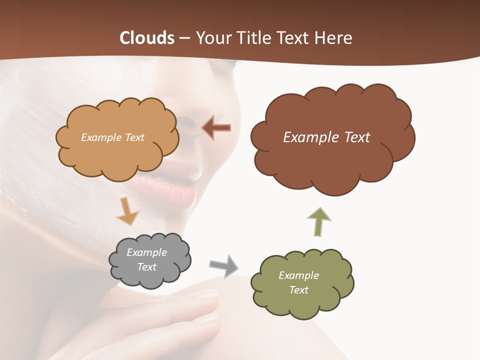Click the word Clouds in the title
(x=146, y=38)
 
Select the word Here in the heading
(x=334, y=38)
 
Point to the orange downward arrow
(x=127, y=211)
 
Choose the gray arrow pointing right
(x=223, y=265)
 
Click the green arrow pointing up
(x=318, y=222)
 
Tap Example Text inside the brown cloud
(x=326, y=137)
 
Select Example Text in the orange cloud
(x=112, y=137)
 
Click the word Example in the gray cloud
(x=146, y=252)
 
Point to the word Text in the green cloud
(x=298, y=290)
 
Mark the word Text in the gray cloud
(x=146, y=267)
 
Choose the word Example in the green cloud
(x=298, y=275)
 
